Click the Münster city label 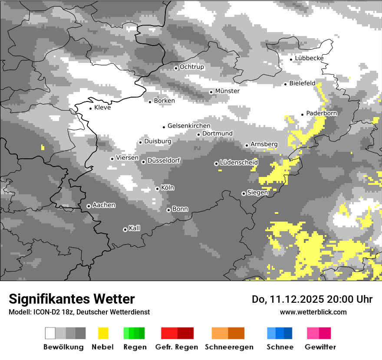click(x=227, y=91)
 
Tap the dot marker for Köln click(x=157, y=189)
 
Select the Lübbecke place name click(x=309, y=58)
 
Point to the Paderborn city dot click(x=303, y=115)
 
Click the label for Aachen click(x=104, y=205)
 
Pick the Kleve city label click(x=102, y=108)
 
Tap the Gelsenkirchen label click(x=189, y=126)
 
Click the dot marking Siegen click(x=244, y=193)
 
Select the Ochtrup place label click(x=192, y=67)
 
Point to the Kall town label click(x=135, y=228)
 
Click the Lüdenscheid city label click(x=239, y=162)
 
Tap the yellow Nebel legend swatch click(x=103, y=333)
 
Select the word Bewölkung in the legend click(x=63, y=347)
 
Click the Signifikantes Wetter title click(x=72, y=299)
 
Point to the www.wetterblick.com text click(x=313, y=312)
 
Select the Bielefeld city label click(x=302, y=83)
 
